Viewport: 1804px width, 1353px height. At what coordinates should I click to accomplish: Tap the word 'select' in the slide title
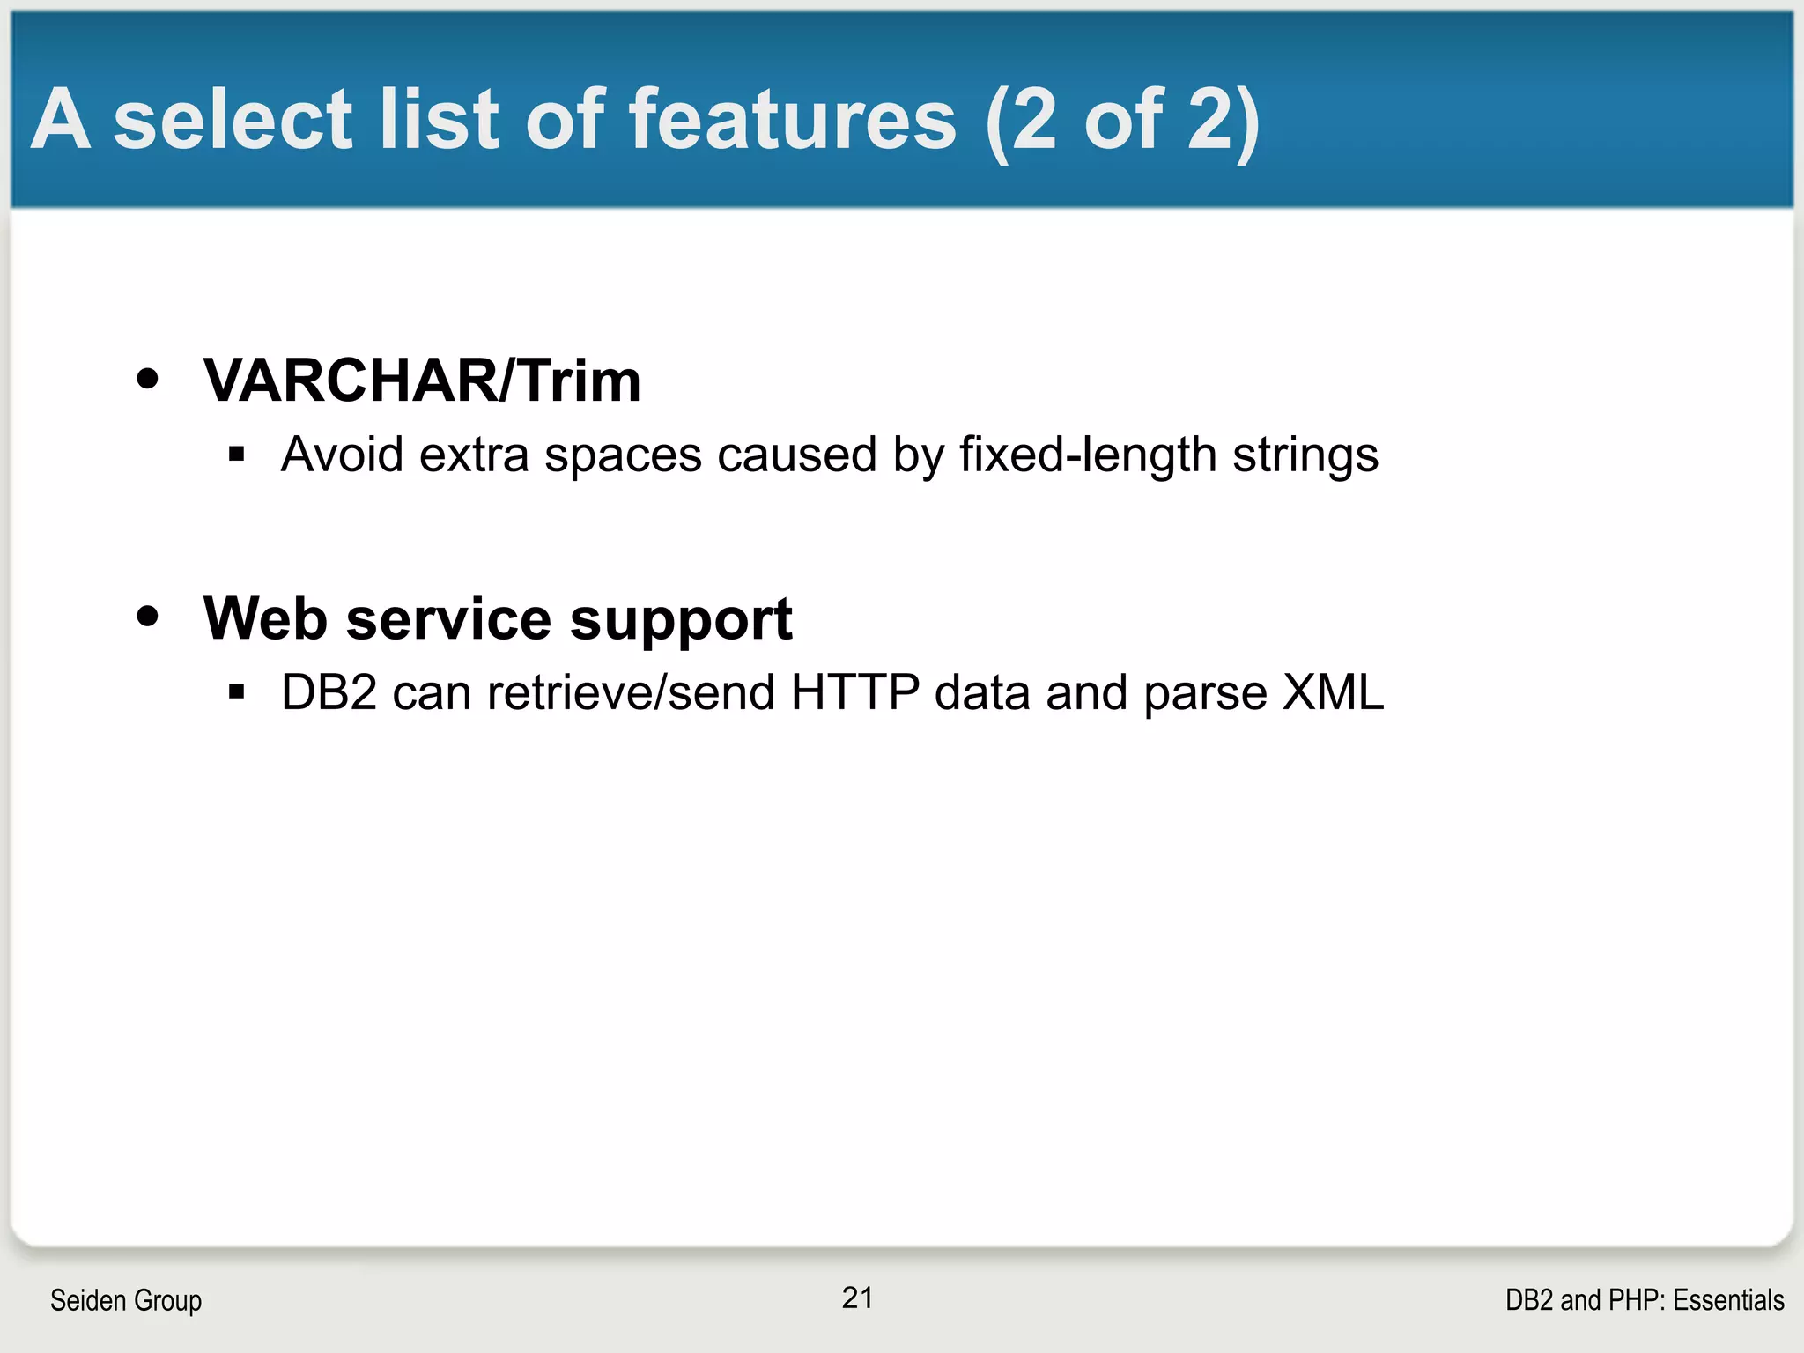[233, 120]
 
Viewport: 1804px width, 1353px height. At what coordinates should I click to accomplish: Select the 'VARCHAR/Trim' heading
[422, 381]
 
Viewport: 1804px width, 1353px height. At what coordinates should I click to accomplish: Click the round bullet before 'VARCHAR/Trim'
[148, 379]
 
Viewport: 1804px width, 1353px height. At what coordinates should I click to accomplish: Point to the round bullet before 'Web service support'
[148, 617]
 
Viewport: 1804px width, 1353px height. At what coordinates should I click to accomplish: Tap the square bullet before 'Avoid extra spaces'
[235, 455]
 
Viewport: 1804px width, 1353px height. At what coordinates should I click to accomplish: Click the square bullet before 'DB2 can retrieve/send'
[235, 691]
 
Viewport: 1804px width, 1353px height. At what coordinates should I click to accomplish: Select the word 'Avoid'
[343, 455]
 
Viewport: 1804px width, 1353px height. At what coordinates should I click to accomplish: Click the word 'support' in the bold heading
[681, 620]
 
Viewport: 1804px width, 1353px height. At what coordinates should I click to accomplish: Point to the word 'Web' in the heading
[265, 618]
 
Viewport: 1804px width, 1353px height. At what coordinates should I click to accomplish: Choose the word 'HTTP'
[854, 692]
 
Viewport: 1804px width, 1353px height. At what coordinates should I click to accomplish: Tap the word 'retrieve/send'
[631, 692]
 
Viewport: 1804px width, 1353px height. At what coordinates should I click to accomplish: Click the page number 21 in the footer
[857, 1298]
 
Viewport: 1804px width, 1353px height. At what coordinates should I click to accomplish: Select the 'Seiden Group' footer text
[126, 1300]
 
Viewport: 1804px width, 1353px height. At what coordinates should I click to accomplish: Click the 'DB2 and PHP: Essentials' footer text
[1645, 1300]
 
